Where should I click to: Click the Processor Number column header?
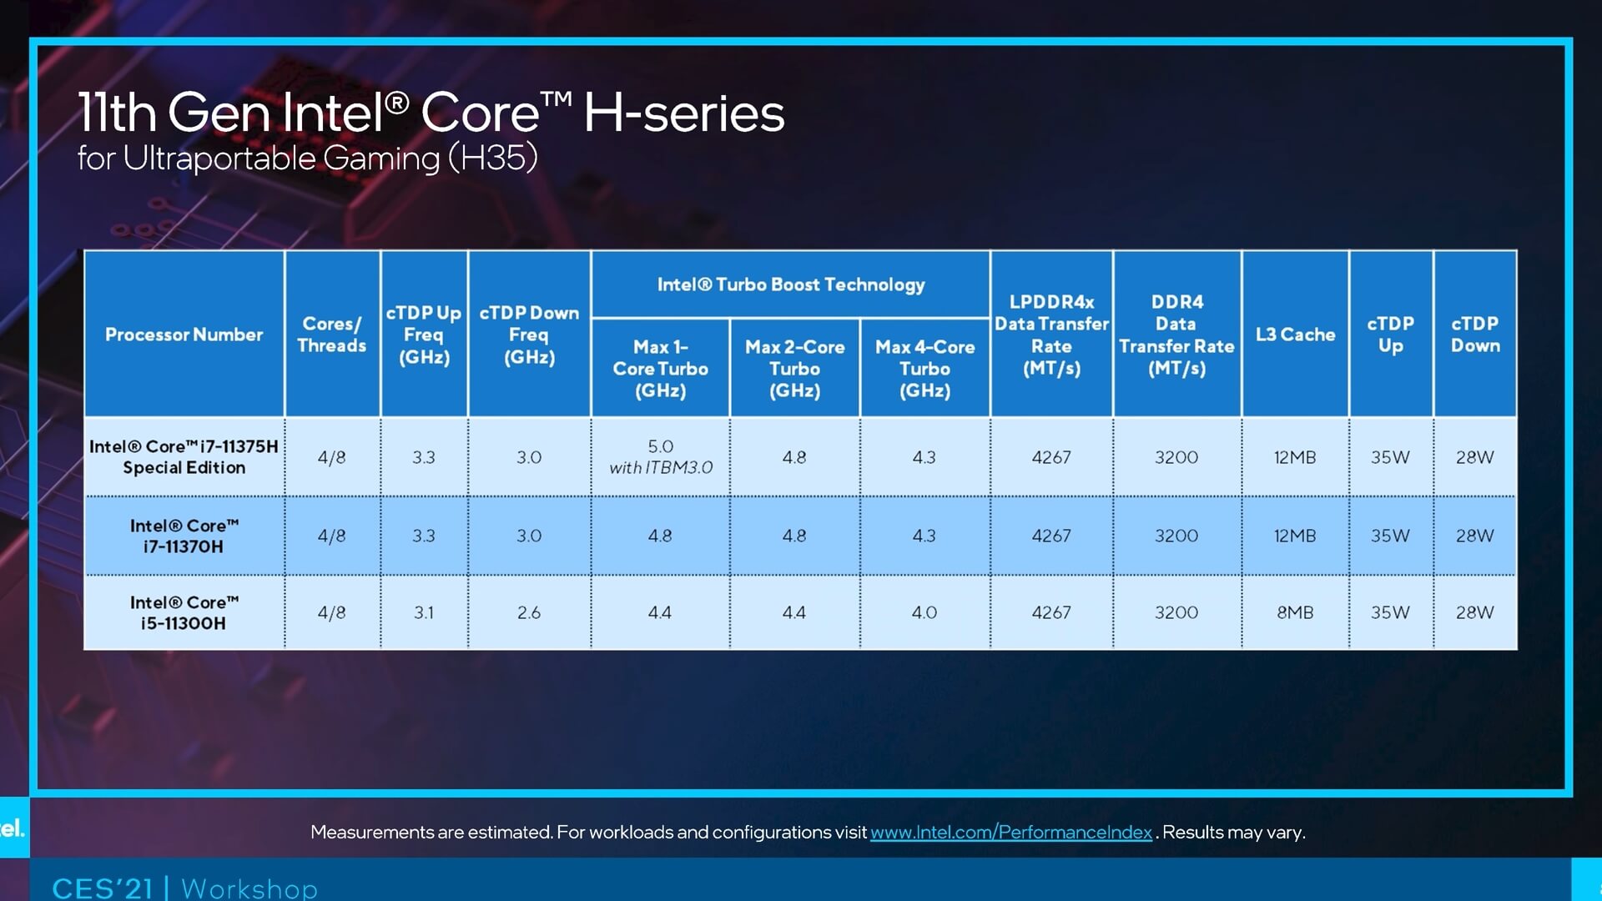184,335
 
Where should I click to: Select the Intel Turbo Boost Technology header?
790,284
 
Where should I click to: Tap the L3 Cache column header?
1295,335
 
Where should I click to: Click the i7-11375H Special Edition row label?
184,456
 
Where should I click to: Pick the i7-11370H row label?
184,536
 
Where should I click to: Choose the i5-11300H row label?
184,612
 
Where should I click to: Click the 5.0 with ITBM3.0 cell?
660,456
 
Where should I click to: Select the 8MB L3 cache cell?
1295,612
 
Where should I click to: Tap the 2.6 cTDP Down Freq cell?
529,612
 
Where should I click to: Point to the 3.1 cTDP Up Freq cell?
424,612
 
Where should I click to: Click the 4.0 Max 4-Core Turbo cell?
924,612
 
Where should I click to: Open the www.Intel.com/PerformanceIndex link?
1010,832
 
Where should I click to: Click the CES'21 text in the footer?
103,888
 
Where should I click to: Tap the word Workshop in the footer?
249,888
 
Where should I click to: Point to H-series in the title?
683,113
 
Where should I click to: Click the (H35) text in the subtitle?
492,158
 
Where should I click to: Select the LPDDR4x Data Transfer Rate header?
1051,335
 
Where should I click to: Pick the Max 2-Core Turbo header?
794,368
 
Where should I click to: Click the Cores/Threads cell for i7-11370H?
331,536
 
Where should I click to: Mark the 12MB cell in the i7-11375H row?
1295,457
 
